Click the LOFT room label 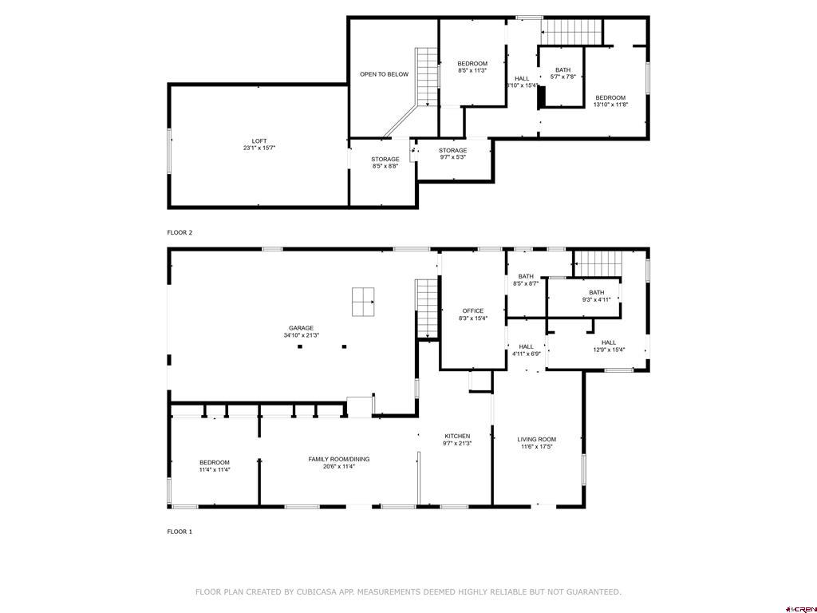[x=259, y=140]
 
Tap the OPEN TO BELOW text [x=384, y=74]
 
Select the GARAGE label [x=301, y=328]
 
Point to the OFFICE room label [x=472, y=310]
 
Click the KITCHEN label [x=457, y=437]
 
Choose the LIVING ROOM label [x=536, y=440]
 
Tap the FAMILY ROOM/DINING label [x=338, y=459]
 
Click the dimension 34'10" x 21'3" [x=301, y=335]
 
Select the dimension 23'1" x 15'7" [x=259, y=148]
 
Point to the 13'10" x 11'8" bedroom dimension [x=610, y=105]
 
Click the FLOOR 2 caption [x=180, y=232]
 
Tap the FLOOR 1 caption [x=180, y=532]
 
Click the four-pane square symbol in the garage [x=363, y=302]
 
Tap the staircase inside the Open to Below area [x=427, y=77]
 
